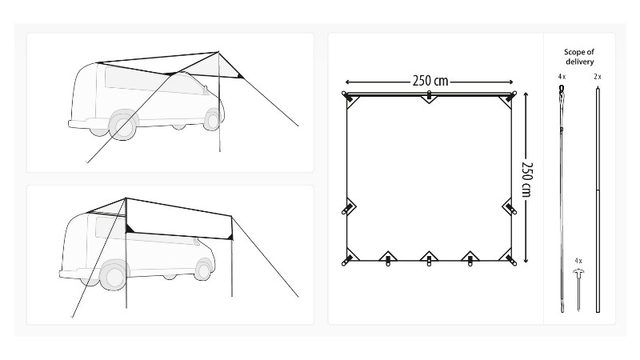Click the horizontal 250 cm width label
(430, 82)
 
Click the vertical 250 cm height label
(527, 179)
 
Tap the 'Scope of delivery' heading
(579, 57)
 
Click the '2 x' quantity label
(598, 77)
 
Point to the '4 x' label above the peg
(578, 261)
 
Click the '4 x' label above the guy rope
(562, 77)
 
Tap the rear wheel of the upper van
(123, 126)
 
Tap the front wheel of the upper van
(212, 119)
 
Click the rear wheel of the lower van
(113, 274)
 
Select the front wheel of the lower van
(203, 270)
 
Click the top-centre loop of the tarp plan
(429, 97)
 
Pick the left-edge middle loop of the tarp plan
(348, 207)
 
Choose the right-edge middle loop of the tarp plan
(510, 207)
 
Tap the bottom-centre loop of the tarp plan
(429, 258)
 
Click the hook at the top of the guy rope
(562, 89)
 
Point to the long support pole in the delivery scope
(598, 200)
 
